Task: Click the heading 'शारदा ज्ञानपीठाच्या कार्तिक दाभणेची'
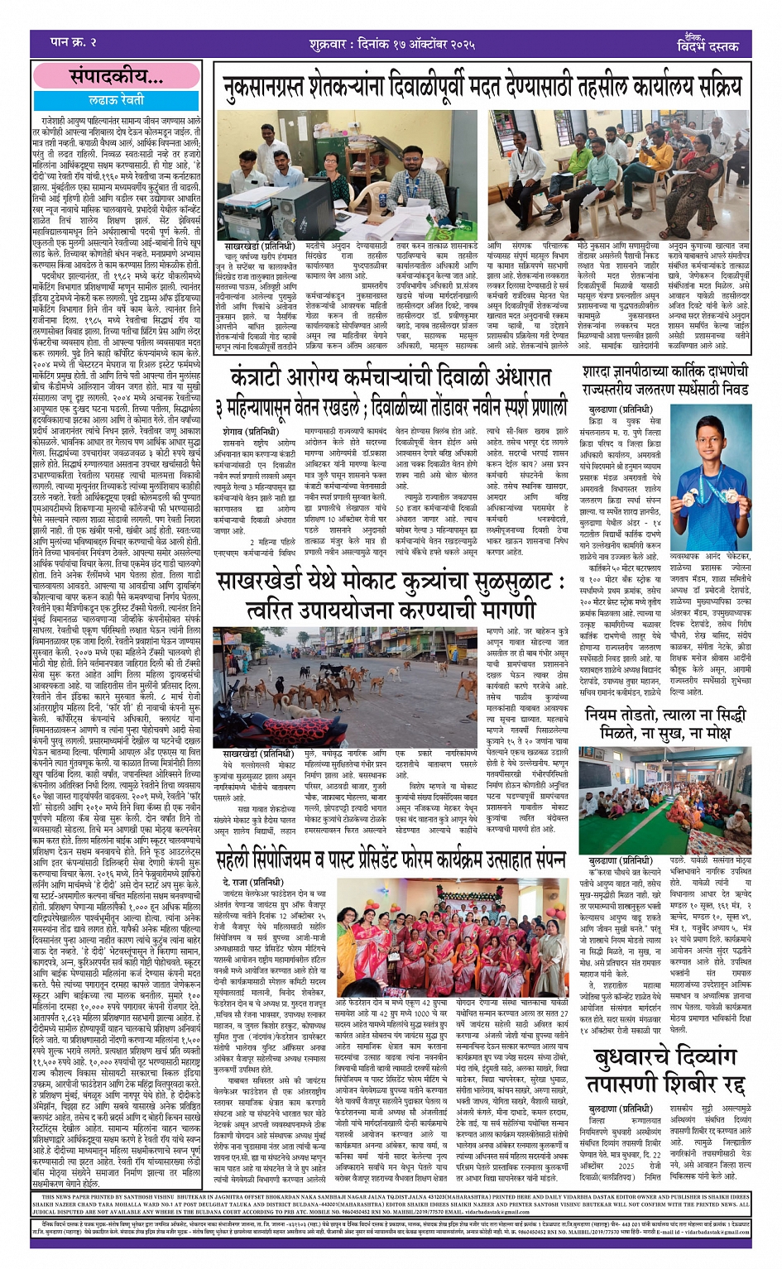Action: (665, 372)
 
